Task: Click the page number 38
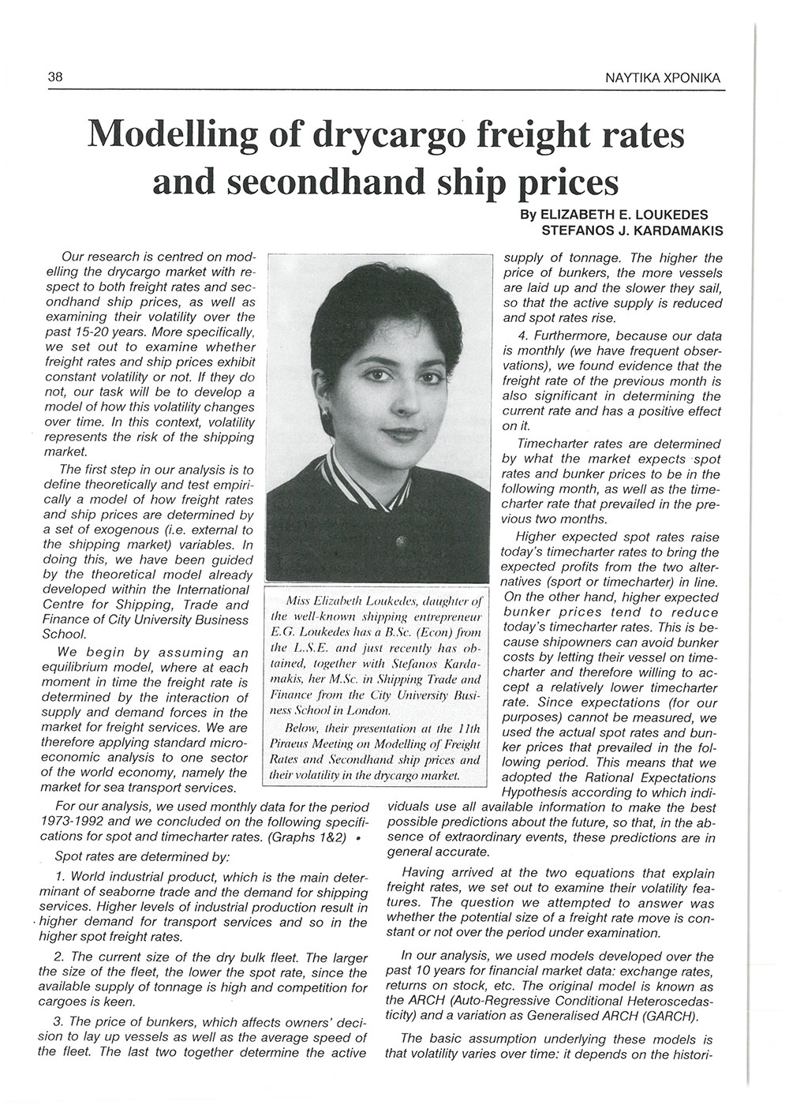[x=55, y=77]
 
